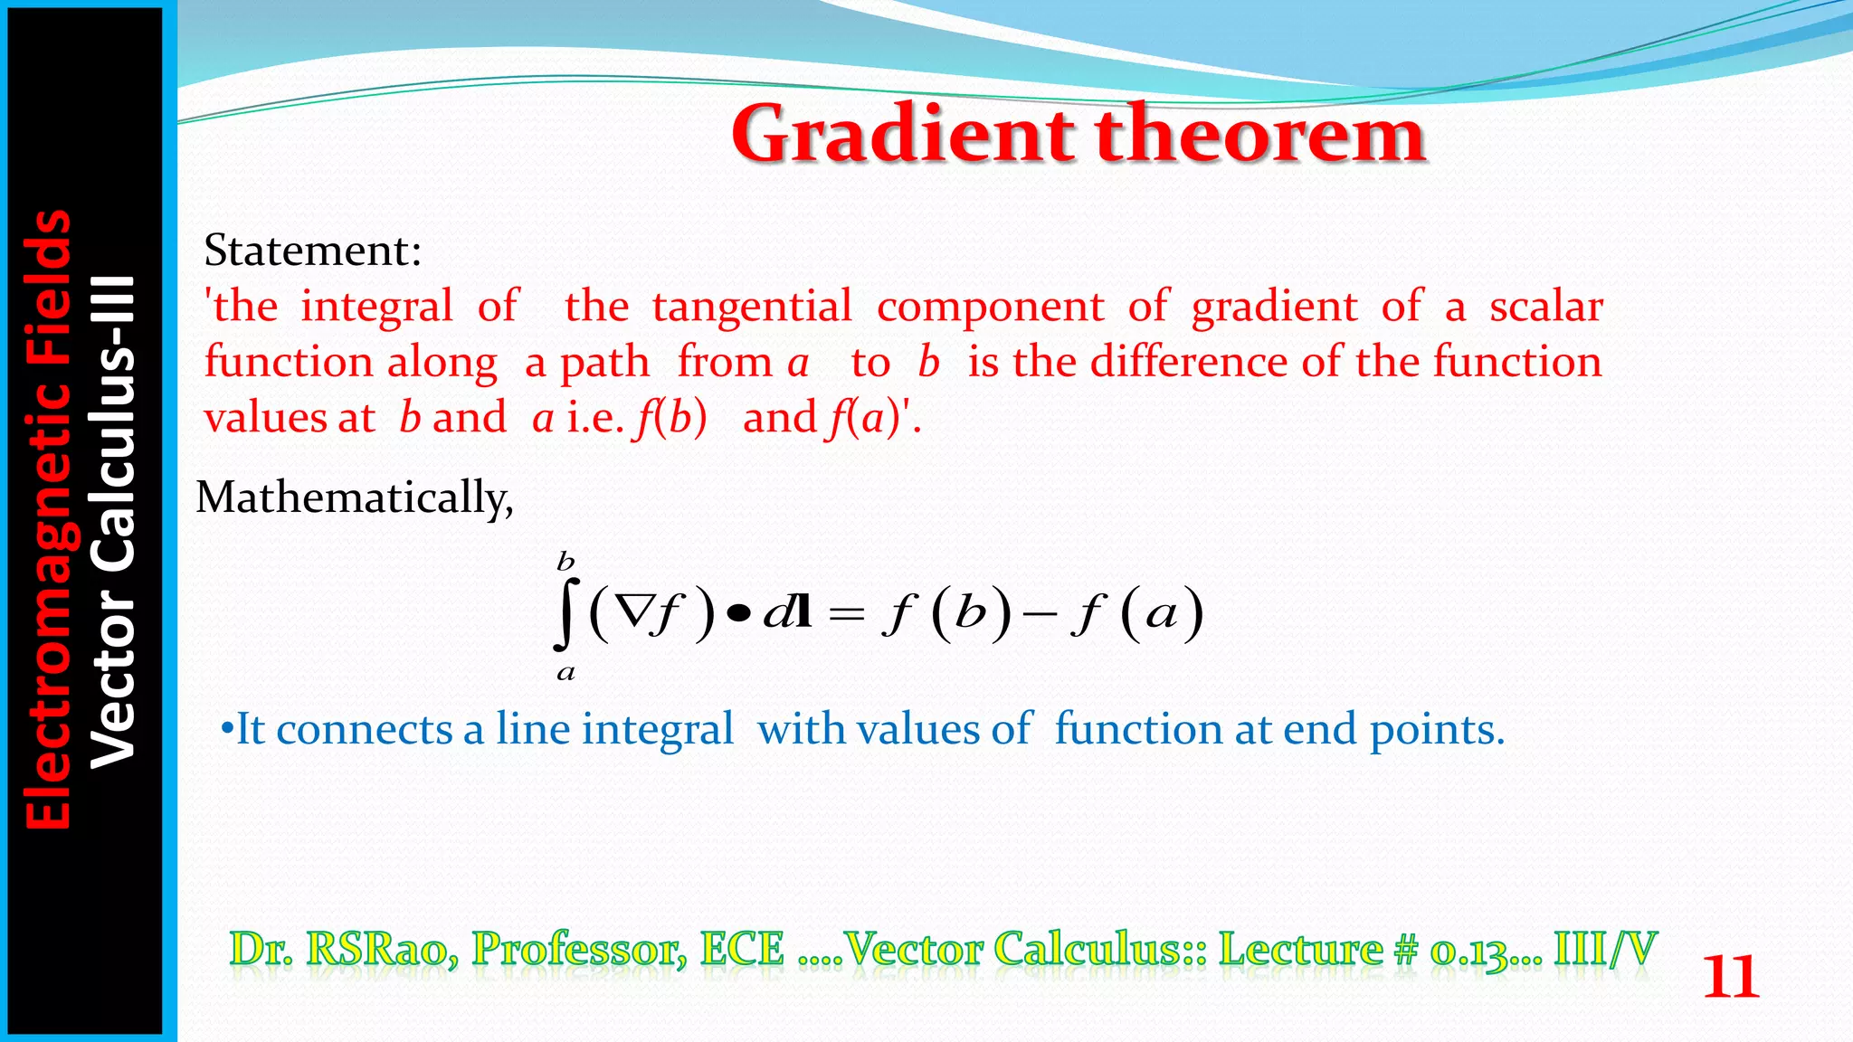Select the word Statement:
click(313, 251)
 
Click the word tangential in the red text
click(752, 307)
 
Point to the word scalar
click(1546, 307)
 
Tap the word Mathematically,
click(355, 497)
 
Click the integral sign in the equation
click(565, 615)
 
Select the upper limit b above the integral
click(565, 562)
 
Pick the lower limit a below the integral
click(565, 672)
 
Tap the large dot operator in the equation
click(739, 614)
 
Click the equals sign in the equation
click(847, 615)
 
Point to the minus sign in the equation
click(1041, 615)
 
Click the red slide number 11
click(1730, 978)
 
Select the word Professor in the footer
click(579, 949)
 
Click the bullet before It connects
click(227, 729)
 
